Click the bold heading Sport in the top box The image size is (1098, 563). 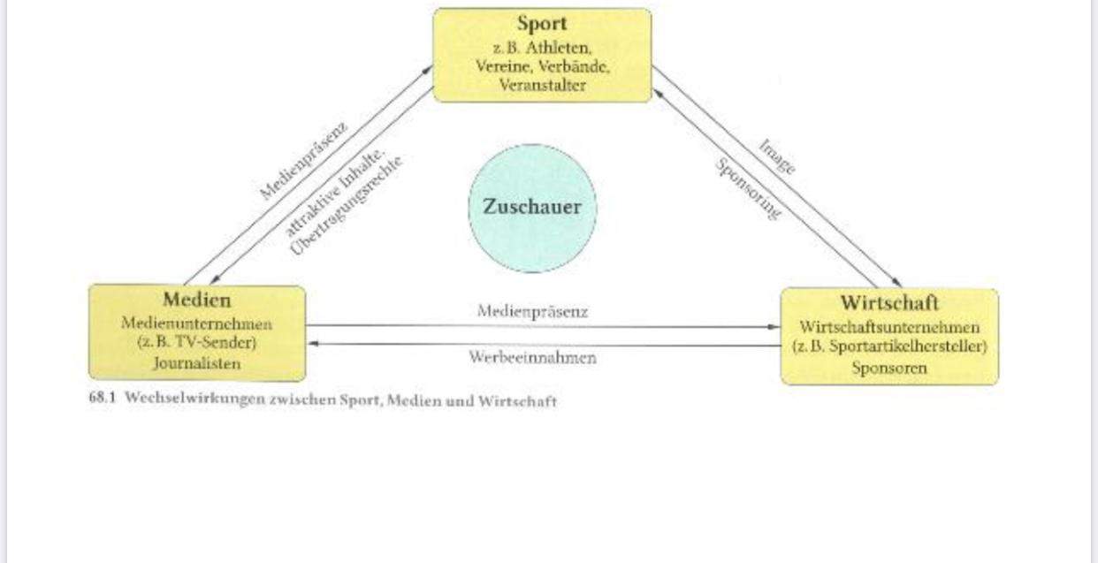[541, 24]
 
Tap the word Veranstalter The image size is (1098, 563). [542, 86]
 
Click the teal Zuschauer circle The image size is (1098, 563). [532, 208]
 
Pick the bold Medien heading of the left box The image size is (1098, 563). [196, 300]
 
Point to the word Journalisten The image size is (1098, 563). [196, 363]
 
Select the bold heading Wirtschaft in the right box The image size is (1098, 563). [888, 304]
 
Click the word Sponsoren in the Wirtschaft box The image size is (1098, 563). [889, 369]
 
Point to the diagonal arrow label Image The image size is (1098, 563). [776, 156]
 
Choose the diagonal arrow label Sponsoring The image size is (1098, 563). [748, 188]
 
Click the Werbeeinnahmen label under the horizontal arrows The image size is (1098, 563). [532, 358]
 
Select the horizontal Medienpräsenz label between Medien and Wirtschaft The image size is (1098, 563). [532, 311]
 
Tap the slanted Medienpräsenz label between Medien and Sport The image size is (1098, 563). [303, 160]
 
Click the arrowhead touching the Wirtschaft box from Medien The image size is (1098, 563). [775, 326]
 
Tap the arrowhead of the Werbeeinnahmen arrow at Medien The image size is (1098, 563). [312, 344]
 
